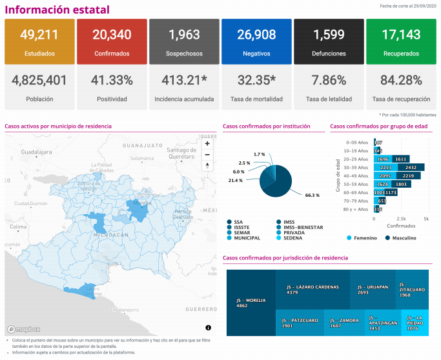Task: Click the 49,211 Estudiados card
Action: click(x=39, y=41)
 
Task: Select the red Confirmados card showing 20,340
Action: click(x=111, y=41)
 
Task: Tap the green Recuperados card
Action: click(x=400, y=41)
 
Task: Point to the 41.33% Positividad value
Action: click(x=111, y=81)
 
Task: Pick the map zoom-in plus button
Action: click(x=207, y=144)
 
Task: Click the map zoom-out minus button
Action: click(x=207, y=154)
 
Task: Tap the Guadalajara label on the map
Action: click(x=36, y=152)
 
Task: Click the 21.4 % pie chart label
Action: click(x=235, y=180)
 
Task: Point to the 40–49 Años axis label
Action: click(x=357, y=175)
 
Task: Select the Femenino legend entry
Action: click(x=364, y=238)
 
